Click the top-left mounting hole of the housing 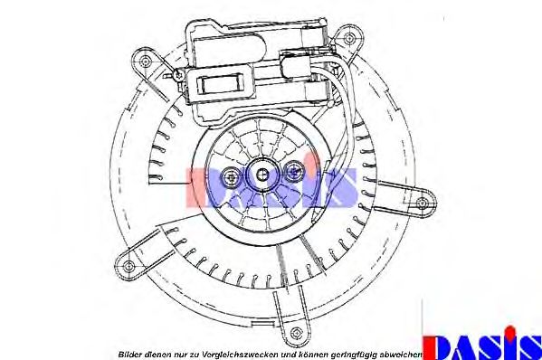(146, 61)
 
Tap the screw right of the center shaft (293, 171)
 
